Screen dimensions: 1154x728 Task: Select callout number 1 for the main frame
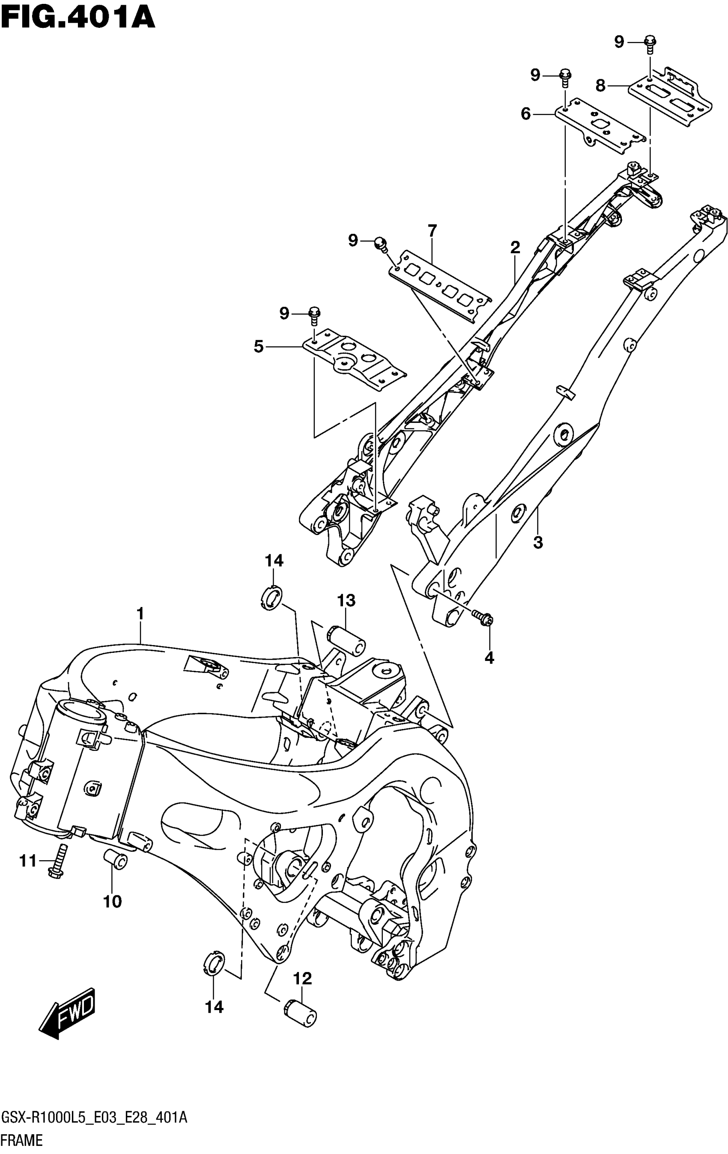click(140, 613)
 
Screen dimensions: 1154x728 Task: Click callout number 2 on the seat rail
click(515, 247)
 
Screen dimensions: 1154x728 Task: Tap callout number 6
click(525, 114)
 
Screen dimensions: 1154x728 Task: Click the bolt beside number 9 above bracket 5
click(314, 315)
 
